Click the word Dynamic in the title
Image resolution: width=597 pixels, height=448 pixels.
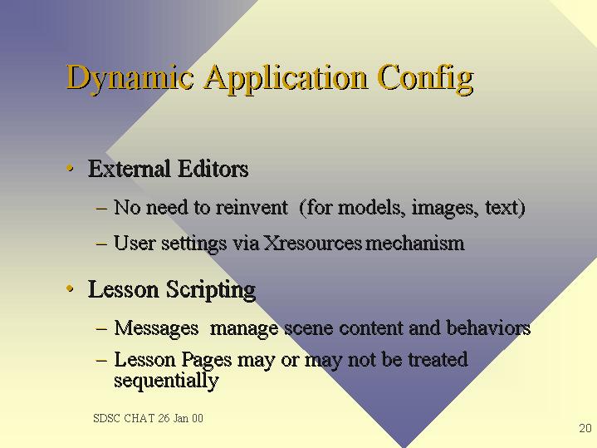pyautogui.click(x=130, y=78)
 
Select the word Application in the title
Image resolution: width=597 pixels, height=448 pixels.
pyautogui.click(x=286, y=78)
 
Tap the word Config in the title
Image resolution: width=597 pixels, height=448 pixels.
pyautogui.click(x=426, y=78)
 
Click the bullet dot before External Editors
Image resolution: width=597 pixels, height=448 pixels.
pyautogui.click(x=70, y=168)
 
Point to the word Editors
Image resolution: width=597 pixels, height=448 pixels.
pyautogui.click(x=213, y=169)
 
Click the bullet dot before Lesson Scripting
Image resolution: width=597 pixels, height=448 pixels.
pyautogui.click(x=70, y=288)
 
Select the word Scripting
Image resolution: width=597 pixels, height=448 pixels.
pyautogui.click(x=211, y=290)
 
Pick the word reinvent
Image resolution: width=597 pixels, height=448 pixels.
pyautogui.click(x=252, y=208)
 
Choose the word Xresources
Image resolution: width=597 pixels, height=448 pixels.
pyautogui.click(x=312, y=244)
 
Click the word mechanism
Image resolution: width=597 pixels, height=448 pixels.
pyautogui.click(x=415, y=244)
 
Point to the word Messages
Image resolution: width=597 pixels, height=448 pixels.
pyautogui.click(x=156, y=328)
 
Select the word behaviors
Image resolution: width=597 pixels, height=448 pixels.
pyautogui.click(x=488, y=328)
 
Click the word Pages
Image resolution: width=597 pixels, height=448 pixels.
pyautogui.click(x=207, y=360)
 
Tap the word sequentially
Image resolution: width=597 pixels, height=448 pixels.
pyautogui.click(x=166, y=380)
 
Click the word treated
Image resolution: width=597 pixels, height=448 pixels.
pyautogui.click(x=438, y=360)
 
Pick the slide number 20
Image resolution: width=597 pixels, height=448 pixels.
pyautogui.click(x=585, y=428)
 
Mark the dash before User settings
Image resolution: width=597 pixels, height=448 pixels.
pyautogui.click(x=101, y=244)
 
